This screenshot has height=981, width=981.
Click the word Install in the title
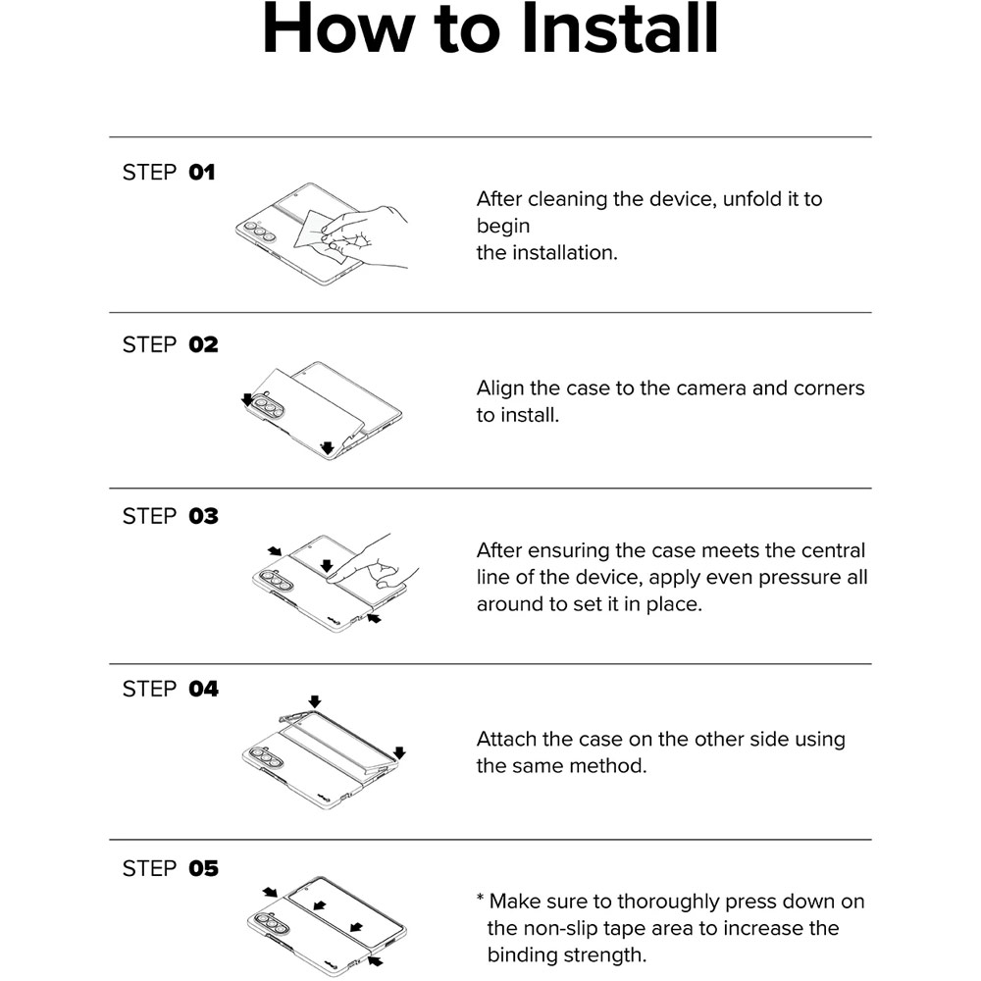(x=619, y=28)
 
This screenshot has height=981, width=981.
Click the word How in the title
(x=338, y=28)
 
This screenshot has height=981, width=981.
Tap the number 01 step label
(x=202, y=172)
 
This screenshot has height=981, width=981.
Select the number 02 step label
(x=203, y=344)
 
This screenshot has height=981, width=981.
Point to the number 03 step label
(x=203, y=516)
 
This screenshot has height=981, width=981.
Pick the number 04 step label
(x=203, y=689)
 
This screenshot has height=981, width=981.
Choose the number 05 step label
(x=203, y=868)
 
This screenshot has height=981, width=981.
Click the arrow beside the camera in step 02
(x=248, y=400)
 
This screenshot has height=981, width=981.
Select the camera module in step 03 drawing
(x=277, y=581)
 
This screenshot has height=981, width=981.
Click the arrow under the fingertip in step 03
(x=327, y=566)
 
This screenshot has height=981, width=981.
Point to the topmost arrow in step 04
(x=315, y=701)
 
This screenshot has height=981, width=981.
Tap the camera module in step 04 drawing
(x=266, y=757)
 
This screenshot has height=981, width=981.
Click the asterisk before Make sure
(x=481, y=899)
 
